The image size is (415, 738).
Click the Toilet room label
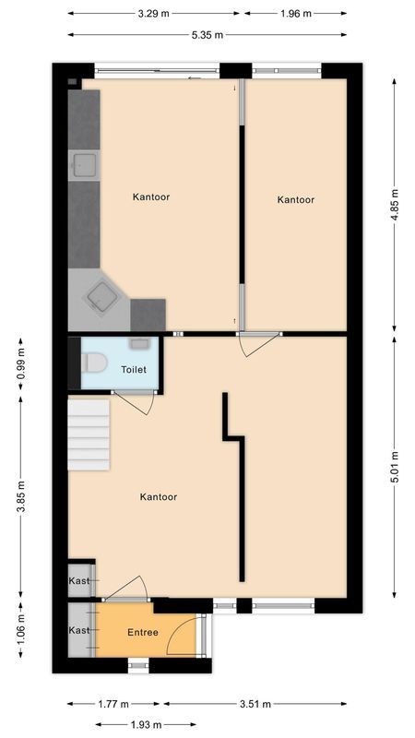click(x=134, y=369)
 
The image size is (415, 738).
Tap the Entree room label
click(x=143, y=632)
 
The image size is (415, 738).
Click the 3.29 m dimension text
click(x=153, y=14)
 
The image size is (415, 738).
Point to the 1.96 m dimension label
click(x=295, y=14)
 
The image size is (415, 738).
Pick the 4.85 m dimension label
click(x=395, y=201)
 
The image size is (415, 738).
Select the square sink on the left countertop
click(x=86, y=165)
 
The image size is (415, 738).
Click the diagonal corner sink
click(x=101, y=295)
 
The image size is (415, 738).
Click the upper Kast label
click(x=79, y=580)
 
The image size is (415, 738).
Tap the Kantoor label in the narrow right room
click(x=296, y=199)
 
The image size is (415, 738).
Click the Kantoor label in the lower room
click(x=158, y=496)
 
